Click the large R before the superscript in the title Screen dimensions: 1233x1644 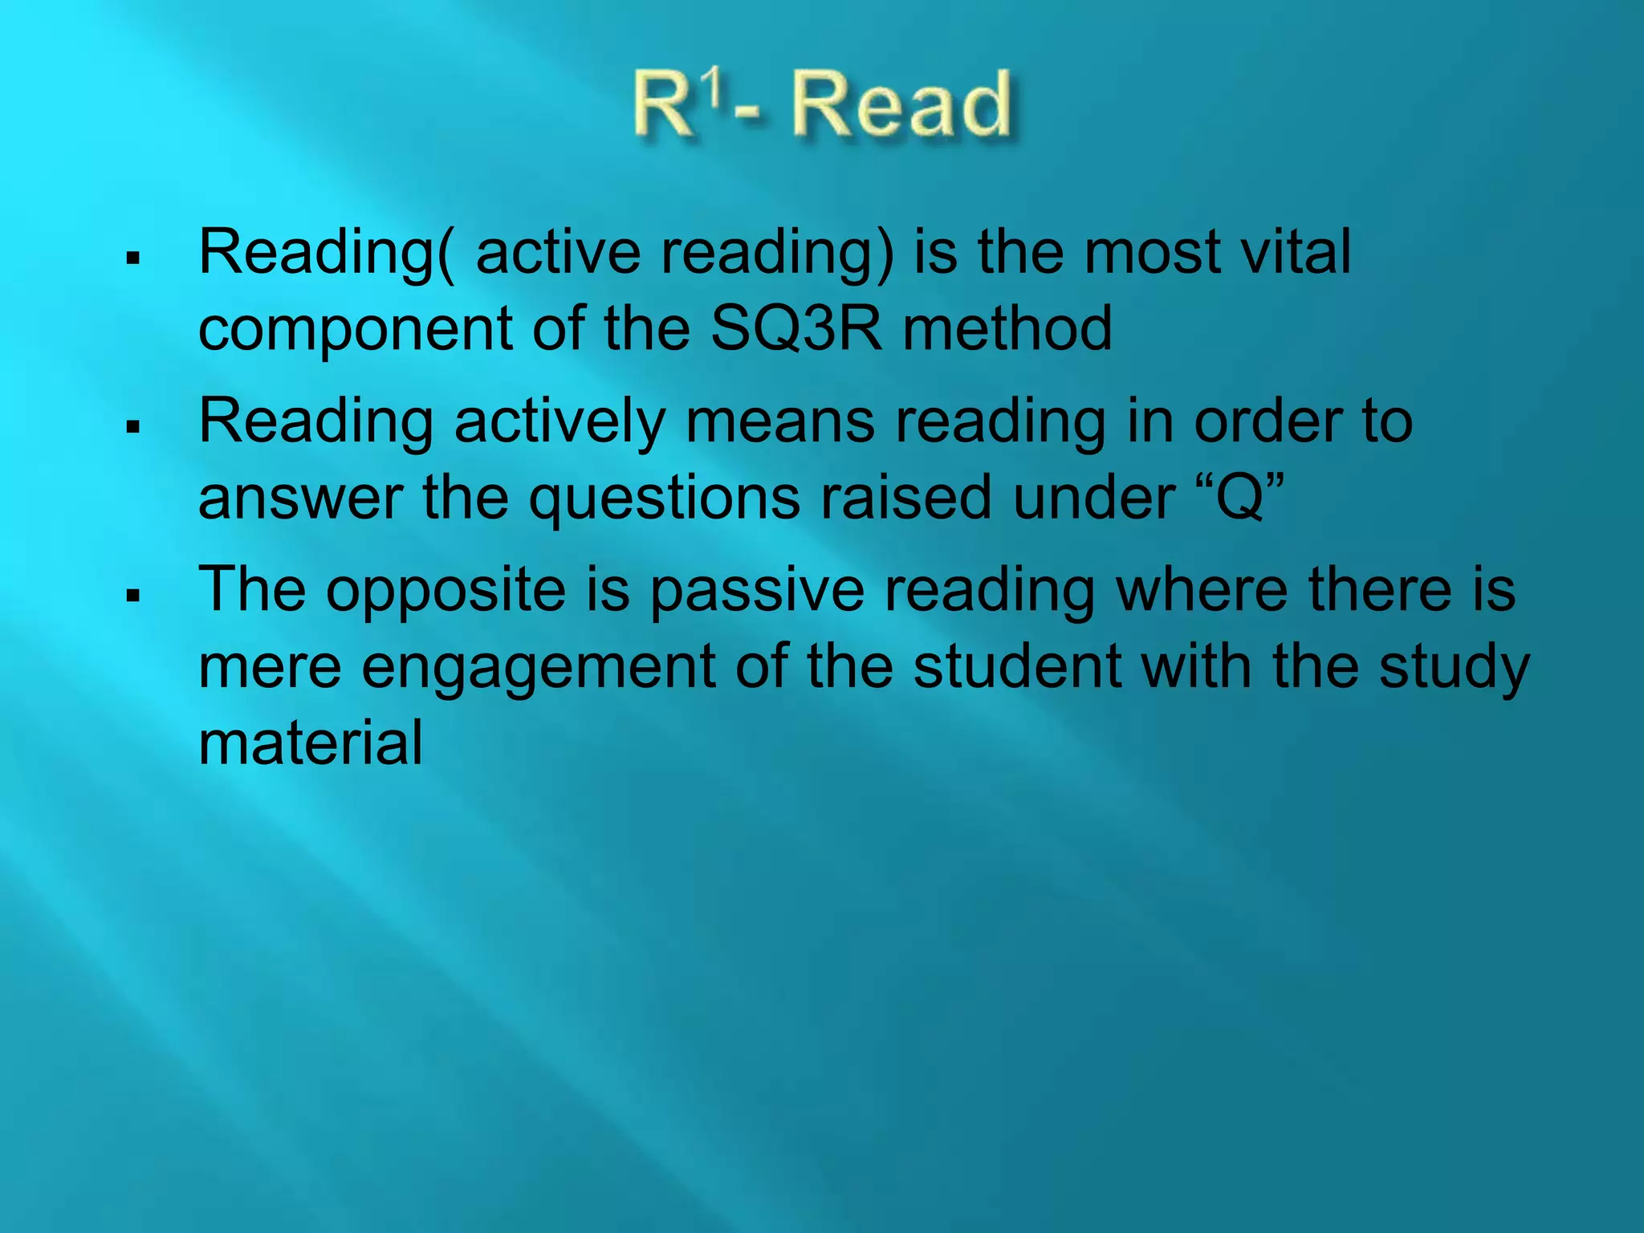[664, 106]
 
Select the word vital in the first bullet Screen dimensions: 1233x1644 [1296, 252]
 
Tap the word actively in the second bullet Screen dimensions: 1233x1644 [560, 421]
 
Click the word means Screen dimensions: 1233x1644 [779, 421]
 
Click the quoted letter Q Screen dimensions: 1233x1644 [1241, 498]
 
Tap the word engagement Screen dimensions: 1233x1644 [539, 668]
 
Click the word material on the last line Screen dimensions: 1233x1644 [311, 743]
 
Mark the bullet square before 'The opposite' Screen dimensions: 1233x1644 [133, 596]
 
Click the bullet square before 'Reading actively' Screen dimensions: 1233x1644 [133, 426]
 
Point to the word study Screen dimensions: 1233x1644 [1454, 668]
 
